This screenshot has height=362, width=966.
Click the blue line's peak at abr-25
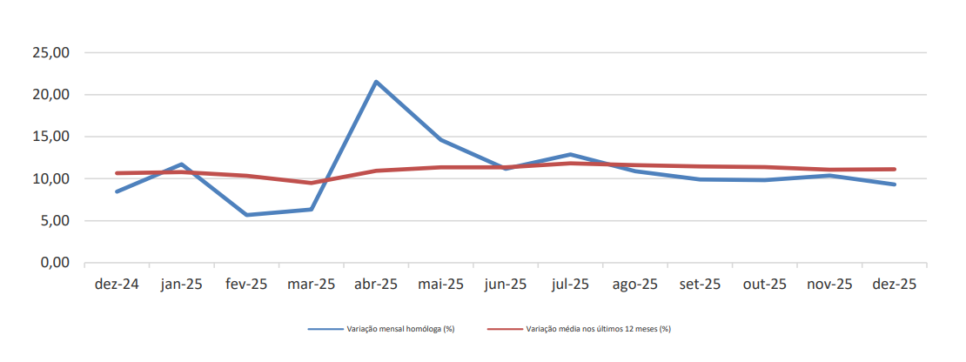coord(375,82)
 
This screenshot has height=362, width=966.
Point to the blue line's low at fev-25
coord(246,215)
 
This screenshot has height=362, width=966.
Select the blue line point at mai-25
coord(440,139)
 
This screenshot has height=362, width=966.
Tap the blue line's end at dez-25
coord(894,184)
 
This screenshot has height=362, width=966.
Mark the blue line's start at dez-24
coord(117,191)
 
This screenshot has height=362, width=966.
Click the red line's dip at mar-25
coord(311,183)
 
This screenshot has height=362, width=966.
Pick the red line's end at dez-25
coord(894,169)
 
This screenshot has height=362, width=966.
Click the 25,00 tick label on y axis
coord(50,53)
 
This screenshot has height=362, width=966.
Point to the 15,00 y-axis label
coord(50,137)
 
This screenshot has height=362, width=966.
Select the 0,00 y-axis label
coord(54,263)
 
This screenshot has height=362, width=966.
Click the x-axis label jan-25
coord(182,285)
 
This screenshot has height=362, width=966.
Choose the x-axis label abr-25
coord(376,285)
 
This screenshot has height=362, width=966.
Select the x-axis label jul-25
coord(570,285)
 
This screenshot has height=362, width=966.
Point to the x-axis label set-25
coord(700,285)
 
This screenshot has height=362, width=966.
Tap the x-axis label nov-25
coord(829,285)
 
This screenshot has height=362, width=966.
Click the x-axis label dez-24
coord(117,285)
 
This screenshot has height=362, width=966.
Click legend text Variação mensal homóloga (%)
coord(399,329)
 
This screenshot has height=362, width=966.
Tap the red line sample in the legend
coord(504,329)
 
